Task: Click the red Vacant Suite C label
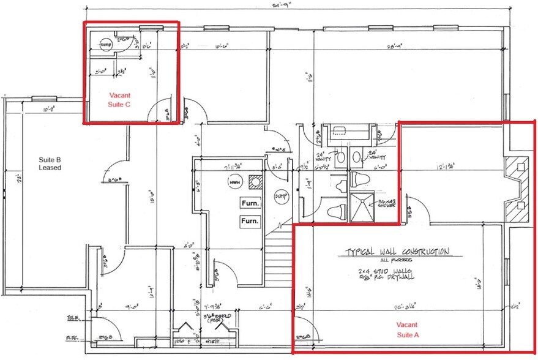[119, 100]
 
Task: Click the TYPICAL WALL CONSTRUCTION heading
[397, 252]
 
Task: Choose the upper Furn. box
[250, 203]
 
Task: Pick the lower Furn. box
[250, 220]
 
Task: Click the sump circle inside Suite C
[106, 45]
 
